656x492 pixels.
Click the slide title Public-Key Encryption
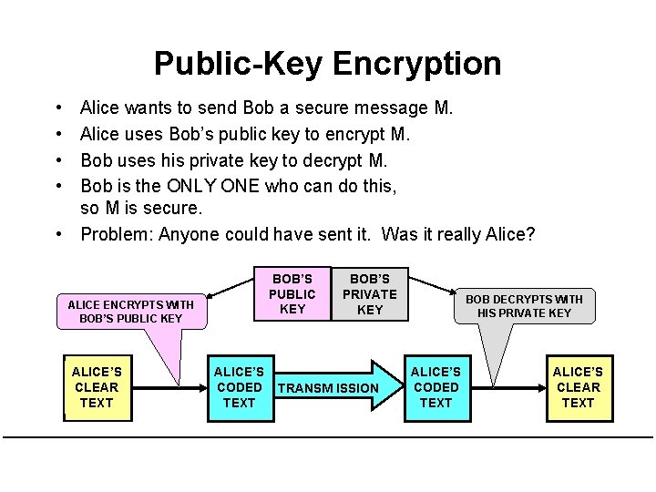click(327, 63)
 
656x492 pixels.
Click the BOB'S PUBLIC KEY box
click(292, 294)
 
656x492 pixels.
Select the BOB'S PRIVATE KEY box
click(369, 294)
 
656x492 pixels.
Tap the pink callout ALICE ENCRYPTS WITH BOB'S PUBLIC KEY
click(131, 312)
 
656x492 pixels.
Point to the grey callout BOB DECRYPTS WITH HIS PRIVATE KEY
click(524, 306)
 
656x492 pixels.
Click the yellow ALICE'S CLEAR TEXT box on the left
click(97, 387)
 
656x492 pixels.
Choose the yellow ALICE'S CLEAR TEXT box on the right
click(578, 387)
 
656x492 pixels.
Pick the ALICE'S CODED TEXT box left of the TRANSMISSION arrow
click(239, 387)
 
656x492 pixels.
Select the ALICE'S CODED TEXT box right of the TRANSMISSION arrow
click(436, 387)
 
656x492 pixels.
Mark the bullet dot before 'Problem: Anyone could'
click(57, 234)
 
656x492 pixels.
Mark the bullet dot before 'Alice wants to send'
click(57, 108)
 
